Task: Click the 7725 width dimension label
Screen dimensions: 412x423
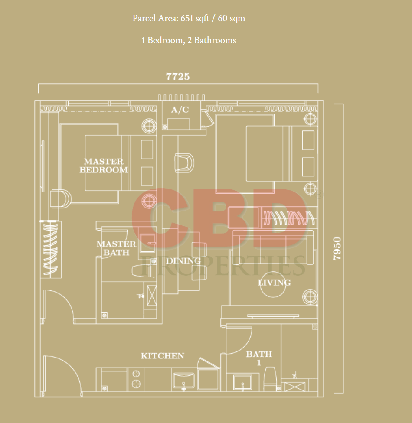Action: click(178, 77)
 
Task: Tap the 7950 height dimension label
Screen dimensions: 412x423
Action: click(337, 248)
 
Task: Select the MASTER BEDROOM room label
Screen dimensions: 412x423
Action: click(104, 166)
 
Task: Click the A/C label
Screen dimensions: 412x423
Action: click(180, 110)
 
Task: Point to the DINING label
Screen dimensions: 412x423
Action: click(183, 260)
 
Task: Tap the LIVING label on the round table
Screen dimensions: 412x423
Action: click(275, 283)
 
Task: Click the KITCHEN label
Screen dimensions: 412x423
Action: click(163, 356)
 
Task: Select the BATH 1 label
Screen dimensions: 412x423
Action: click(259, 358)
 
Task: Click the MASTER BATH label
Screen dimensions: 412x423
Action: click(116, 248)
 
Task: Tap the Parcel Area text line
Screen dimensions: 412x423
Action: click(189, 18)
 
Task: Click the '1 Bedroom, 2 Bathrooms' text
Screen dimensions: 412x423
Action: click(189, 40)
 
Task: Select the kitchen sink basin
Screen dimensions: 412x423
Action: click(183, 381)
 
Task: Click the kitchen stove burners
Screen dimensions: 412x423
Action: click(136, 379)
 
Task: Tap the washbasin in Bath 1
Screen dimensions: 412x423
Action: click(242, 382)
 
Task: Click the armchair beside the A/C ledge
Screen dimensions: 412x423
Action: click(184, 163)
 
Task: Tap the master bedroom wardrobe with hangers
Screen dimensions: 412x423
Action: click(51, 250)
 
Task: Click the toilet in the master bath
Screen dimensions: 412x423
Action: click(144, 270)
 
